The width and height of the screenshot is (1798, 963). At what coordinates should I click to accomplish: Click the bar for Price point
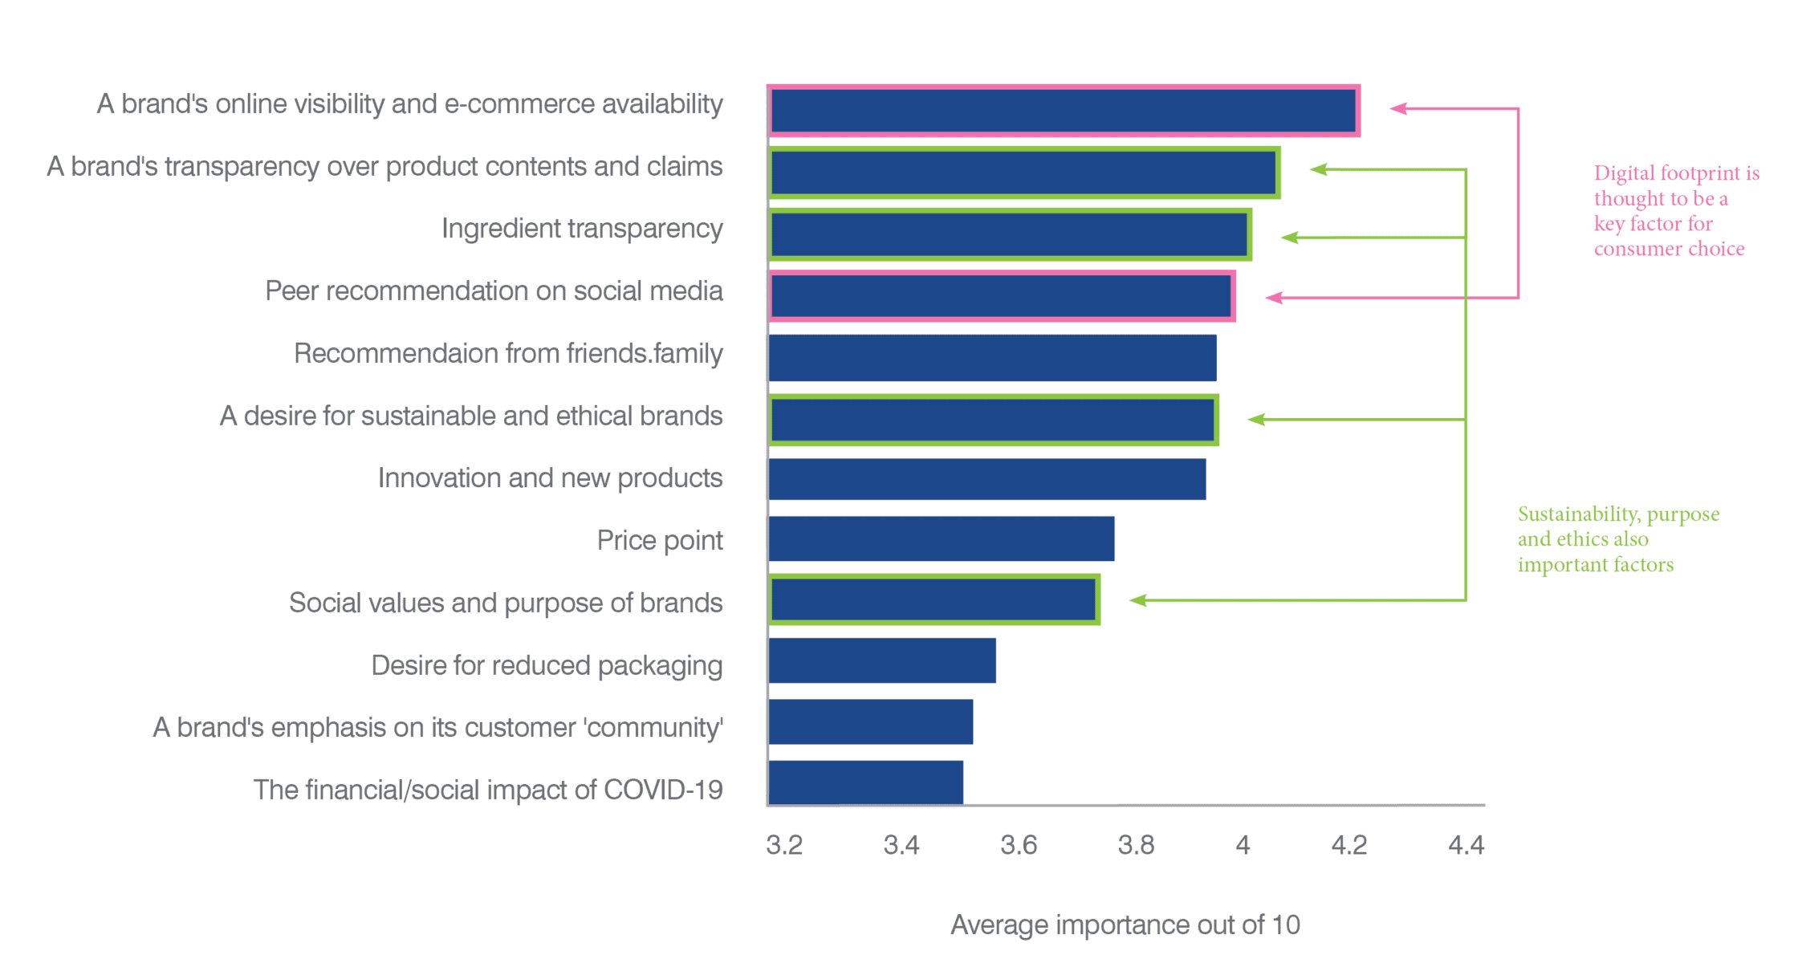(941, 538)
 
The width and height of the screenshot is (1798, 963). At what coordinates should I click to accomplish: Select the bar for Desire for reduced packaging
(881, 660)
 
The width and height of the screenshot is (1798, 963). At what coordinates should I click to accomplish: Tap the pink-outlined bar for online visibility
(1063, 111)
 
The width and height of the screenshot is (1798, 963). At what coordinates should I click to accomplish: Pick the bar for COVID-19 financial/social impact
(865, 782)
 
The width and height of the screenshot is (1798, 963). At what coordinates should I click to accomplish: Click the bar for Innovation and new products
(986, 479)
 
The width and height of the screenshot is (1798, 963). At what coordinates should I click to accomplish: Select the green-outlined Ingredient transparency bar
(1009, 234)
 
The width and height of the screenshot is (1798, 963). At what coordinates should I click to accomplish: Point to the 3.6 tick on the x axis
(1019, 845)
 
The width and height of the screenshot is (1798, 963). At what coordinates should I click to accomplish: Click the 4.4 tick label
(1466, 845)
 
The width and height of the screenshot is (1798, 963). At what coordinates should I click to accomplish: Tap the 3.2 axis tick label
(784, 845)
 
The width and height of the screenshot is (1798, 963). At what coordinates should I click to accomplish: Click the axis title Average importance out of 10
(1125, 924)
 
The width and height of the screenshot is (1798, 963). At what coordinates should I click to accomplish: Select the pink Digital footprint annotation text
(1674, 211)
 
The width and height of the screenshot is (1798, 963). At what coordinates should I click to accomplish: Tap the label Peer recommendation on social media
(494, 291)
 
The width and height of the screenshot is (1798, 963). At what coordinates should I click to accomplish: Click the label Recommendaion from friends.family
(508, 353)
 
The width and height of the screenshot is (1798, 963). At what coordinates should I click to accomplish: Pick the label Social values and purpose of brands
(506, 603)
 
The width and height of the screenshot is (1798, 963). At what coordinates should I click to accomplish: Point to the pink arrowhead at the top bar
(1398, 108)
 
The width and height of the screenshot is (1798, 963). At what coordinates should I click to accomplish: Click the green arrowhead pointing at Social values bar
(1137, 599)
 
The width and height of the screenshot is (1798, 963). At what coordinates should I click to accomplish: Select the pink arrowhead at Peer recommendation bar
(1274, 298)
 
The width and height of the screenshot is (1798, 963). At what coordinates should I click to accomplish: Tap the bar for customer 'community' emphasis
(870, 721)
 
